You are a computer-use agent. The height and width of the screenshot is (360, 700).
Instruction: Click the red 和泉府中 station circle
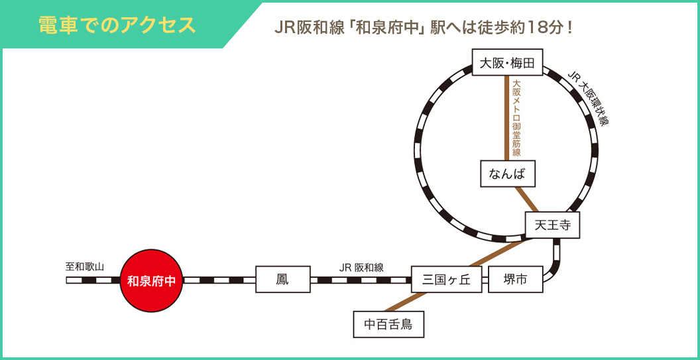coord(151,281)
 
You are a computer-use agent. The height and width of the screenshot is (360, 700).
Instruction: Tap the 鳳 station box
coord(283,280)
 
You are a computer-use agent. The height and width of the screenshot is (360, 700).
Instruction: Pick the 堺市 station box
coord(516,280)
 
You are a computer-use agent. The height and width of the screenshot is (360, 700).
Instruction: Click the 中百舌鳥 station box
coord(388,324)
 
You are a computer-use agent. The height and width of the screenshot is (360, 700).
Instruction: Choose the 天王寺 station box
coord(552,225)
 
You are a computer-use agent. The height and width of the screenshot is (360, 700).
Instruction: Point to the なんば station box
coord(507,174)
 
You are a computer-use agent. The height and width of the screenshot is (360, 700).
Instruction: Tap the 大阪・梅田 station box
coord(507,63)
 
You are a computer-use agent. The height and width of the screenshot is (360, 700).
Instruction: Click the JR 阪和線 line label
coord(361,267)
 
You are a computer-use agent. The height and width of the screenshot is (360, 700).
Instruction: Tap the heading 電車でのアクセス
coord(117,25)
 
